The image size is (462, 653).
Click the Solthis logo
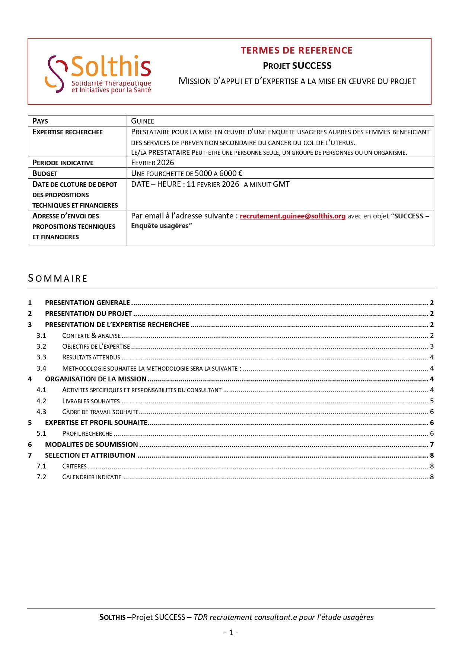pyautogui.click(x=98, y=74)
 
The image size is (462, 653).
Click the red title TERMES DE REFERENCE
pyautogui.click(x=296, y=50)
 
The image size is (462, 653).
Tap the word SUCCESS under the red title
pyautogui.click(x=312, y=66)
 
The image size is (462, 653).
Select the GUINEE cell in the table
pyautogui.click(x=143, y=121)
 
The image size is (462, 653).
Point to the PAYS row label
pyautogui.click(x=40, y=121)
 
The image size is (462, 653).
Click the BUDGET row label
pyautogui.click(x=45, y=173)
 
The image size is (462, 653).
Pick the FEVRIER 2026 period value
pyautogui.click(x=153, y=163)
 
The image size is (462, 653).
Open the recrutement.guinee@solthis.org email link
pyautogui.click(x=293, y=216)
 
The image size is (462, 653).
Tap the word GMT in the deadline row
pyautogui.click(x=281, y=184)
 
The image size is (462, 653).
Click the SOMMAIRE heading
pyautogui.click(x=58, y=278)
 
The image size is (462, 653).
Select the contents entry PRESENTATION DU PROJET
pyautogui.click(x=89, y=314)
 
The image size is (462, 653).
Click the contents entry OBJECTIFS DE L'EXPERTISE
pyautogui.click(x=96, y=346)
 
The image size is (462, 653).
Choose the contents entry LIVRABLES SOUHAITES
pyautogui.click(x=91, y=401)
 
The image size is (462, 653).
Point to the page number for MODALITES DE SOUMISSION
pyautogui.click(x=432, y=445)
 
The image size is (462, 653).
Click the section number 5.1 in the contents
pyautogui.click(x=41, y=433)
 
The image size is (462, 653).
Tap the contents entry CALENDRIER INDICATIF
pyautogui.click(x=92, y=477)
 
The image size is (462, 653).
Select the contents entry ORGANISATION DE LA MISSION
pyautogui.click(x=96, y=379)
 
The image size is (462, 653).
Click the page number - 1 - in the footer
pyautogui.click(x=231, y=633)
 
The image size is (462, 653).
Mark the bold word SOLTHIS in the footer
pyautogui.click(x=112, y=617)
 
